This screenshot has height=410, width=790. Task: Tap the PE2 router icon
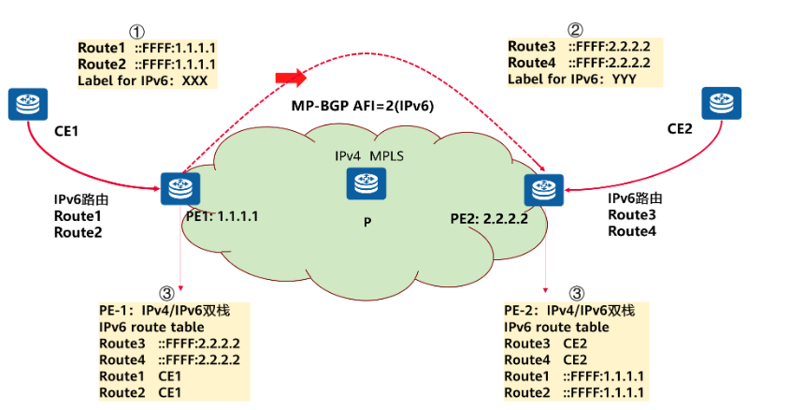click(541, 190)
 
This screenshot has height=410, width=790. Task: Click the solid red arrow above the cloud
click(290, 77)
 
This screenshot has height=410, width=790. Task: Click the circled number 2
click(575, 31)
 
